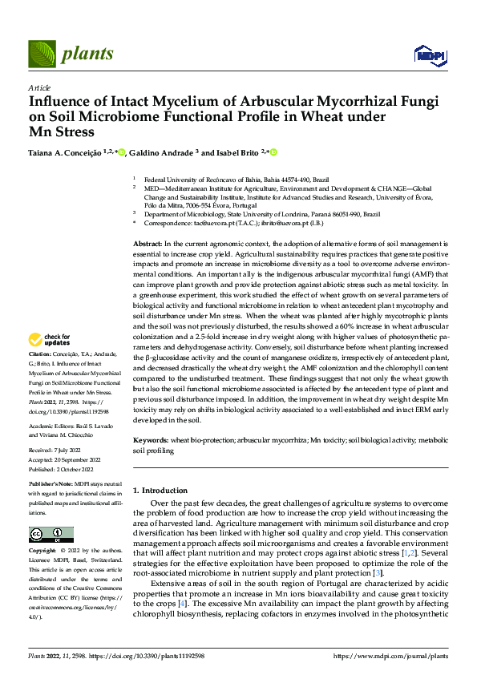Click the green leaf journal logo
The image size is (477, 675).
pos(42,55)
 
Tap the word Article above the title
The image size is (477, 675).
pos(39,87)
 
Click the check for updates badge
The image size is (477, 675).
pos(51,362)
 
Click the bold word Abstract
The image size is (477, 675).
pos(148,243)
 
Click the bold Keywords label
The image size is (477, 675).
pos(151,441)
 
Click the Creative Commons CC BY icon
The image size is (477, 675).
pos(46,534)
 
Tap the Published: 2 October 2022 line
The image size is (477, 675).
pos(63,468)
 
